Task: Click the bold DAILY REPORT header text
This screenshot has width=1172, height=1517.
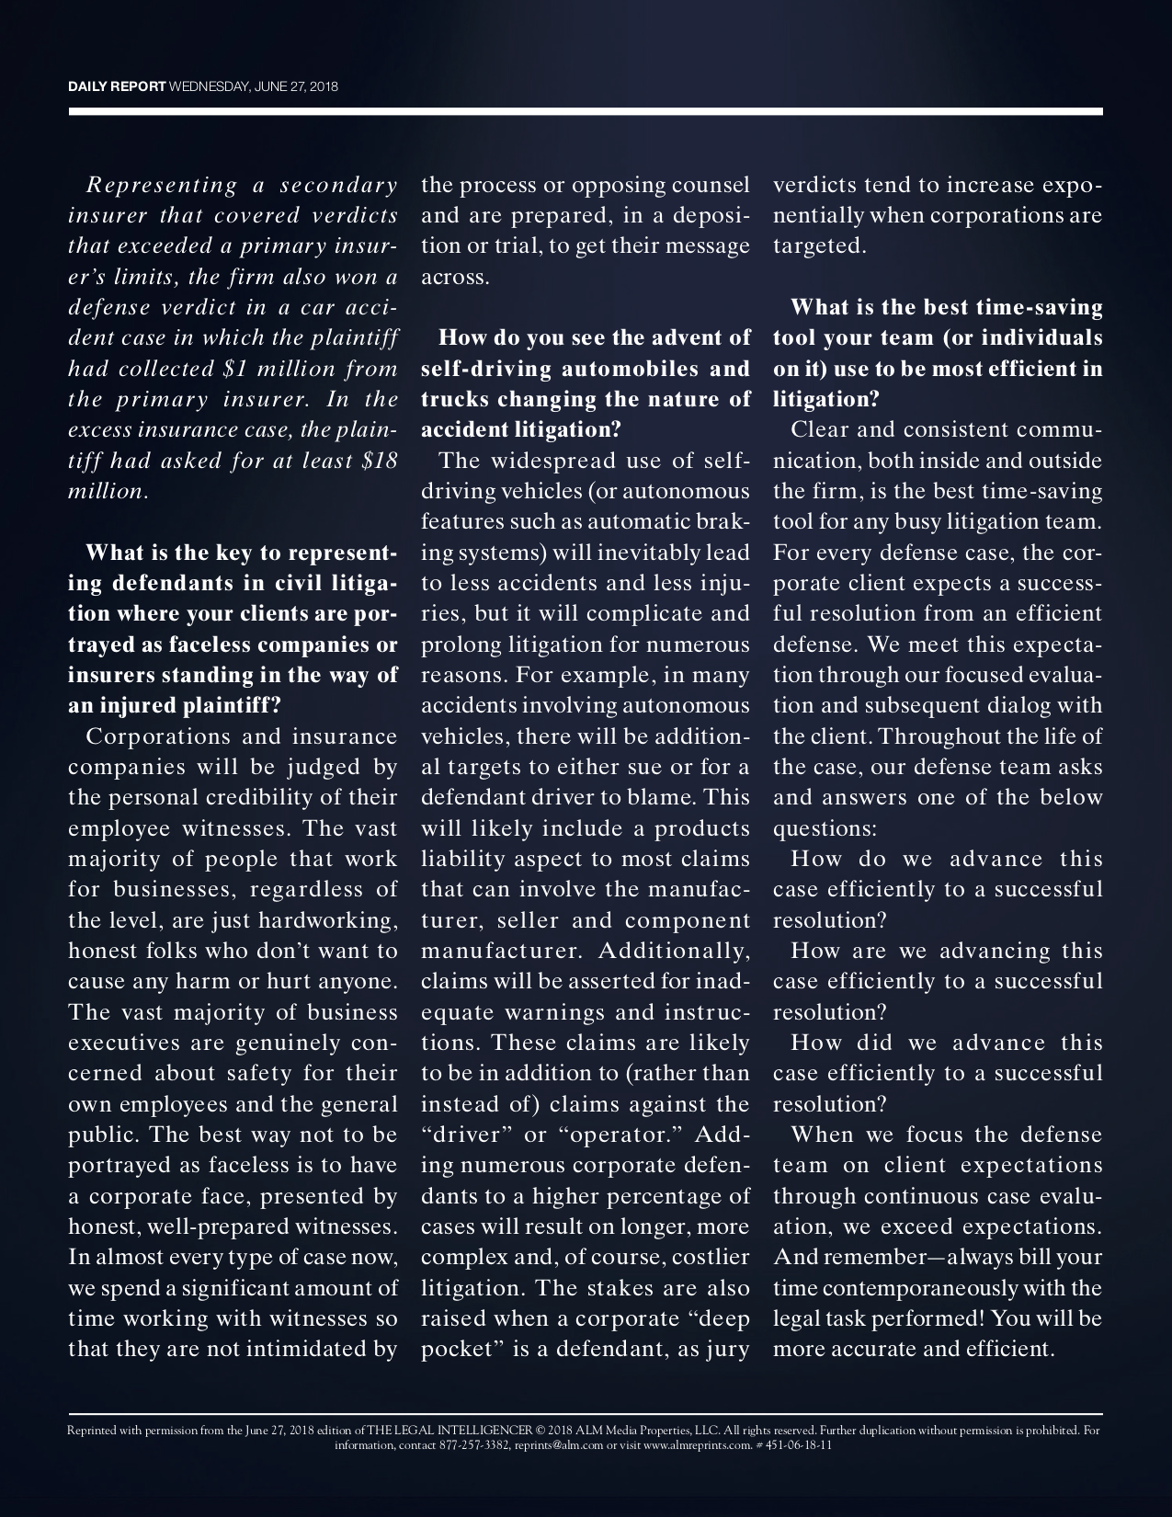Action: pyautogui.click(x=117, y=87)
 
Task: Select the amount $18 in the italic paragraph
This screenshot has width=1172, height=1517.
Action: pyautogui.click(x=380, y=461)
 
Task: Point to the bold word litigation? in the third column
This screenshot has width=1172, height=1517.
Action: pyautogui.click(x=826, y=400)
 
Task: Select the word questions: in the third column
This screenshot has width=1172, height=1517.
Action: pyautogui.click(x=825, y=828)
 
